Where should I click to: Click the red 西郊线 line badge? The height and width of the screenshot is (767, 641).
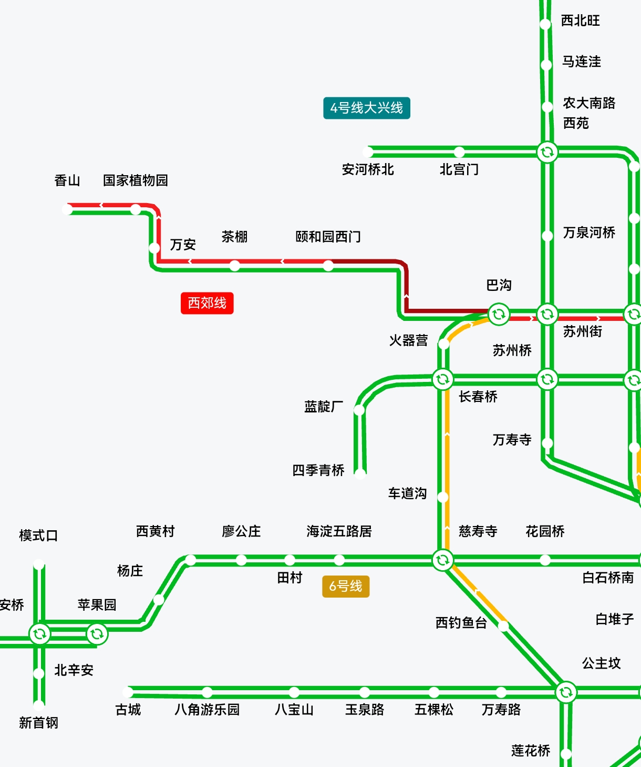point(207,303)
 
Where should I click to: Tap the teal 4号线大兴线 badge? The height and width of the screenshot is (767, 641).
point(366,108)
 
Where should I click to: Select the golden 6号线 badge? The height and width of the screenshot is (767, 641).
point(346,586)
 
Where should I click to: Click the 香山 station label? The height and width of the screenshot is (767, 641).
point(67,180)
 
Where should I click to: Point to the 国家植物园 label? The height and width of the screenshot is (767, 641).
point(136,180)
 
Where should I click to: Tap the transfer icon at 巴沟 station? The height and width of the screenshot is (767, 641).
point(499,314)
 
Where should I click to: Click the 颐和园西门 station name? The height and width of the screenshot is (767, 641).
point(328,237)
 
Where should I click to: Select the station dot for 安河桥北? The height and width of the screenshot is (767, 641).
point(368,152)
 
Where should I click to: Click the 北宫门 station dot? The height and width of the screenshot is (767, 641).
point(459,152)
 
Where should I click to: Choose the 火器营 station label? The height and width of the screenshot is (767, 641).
point(408,340)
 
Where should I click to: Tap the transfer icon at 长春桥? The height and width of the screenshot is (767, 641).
point(442,379)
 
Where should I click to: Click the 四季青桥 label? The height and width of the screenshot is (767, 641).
point(318,470)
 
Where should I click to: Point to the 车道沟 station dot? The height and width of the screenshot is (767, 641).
point(443,497)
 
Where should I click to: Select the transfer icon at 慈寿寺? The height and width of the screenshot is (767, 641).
point(442,560)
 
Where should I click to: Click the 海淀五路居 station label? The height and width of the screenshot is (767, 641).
point(339,531)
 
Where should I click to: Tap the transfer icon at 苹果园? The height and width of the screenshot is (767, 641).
point(97,634)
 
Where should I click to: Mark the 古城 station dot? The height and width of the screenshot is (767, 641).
point(128,692)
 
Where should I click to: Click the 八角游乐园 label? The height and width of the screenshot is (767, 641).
point(207,710)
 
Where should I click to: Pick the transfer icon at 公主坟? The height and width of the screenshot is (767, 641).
point(566,692)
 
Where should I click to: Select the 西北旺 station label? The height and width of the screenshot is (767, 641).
point(581,21)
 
